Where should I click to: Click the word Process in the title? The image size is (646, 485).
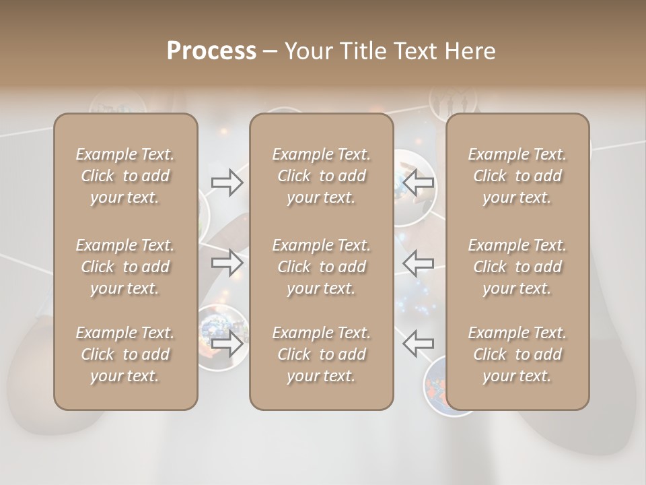tap(211, 51)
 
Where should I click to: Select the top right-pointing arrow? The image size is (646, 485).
tap(227, 183)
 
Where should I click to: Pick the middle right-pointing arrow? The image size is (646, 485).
tap(227, 263)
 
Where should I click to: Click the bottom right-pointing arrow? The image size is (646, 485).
tap(227, 343)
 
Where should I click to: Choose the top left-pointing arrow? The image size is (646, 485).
tap(418, 182)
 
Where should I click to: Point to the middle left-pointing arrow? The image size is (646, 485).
tap(418, 263)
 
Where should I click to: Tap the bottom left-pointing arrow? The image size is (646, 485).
tap(418, 343)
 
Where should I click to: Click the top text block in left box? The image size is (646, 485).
tap(125, 176)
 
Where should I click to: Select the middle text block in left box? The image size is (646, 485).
tap(125, 267)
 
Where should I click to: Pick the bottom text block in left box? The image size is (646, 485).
tap(125, 354)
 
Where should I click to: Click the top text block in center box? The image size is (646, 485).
tap(322, 176)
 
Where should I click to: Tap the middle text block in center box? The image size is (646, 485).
tap(322, 267)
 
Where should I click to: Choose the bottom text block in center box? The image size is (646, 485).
tap(322, 354)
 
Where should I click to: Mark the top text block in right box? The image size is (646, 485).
tap(517, 176)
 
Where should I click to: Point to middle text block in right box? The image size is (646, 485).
tap(517, 267)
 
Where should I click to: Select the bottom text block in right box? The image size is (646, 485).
tap(517, 354)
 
